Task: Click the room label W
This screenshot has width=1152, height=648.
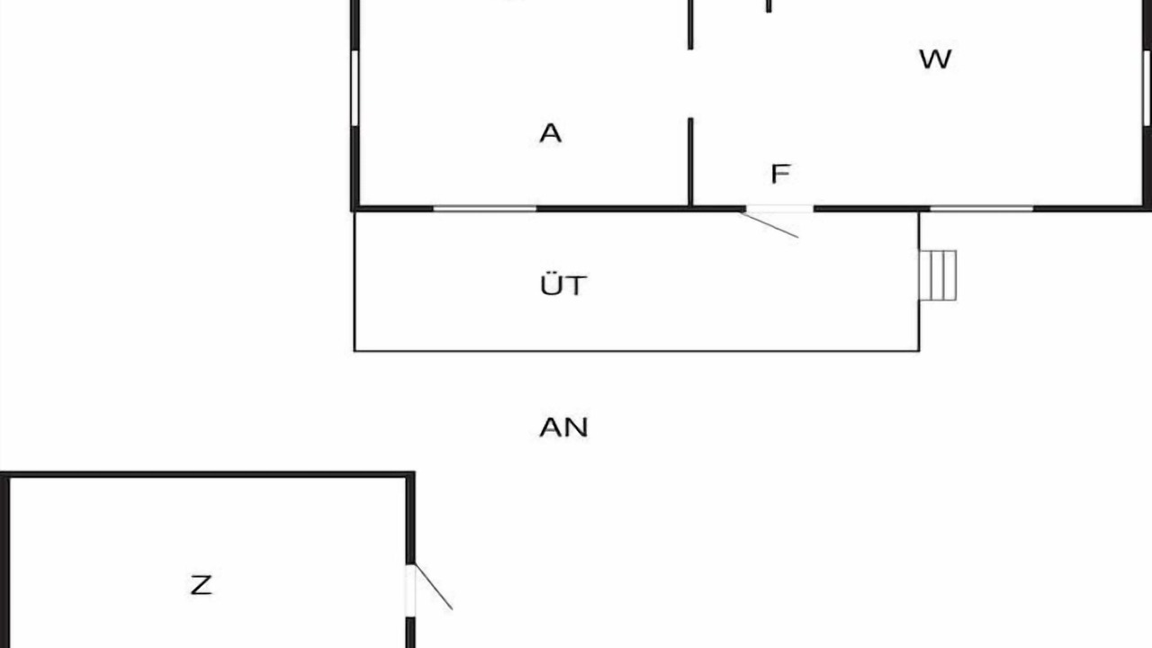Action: point(935,59)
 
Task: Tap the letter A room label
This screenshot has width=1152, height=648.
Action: point(550,133)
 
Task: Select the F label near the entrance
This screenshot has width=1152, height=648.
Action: point(780,174)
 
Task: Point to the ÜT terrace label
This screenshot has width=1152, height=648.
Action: point(563,284)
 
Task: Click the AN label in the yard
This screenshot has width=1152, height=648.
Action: point(563,427)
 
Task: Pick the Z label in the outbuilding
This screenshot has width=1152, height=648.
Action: point(201,585)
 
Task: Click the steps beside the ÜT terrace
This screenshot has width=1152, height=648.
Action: point(938,275)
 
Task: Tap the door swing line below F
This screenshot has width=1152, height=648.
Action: point(769,225)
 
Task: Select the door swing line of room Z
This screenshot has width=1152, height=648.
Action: point(434,587)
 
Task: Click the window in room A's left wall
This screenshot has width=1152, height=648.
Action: point(355,88)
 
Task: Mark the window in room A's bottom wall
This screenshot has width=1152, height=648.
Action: point(484,208)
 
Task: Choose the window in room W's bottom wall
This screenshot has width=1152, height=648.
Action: point(982,208)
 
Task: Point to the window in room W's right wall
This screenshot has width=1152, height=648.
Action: point(1147,88)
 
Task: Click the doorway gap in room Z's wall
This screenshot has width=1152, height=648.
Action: point(409,590)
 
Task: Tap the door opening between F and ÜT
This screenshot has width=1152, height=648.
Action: point(779,208)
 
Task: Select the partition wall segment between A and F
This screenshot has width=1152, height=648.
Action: point(690,162)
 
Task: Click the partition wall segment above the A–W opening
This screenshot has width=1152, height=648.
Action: point(690,24)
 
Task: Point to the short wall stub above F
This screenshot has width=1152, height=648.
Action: point(769,6)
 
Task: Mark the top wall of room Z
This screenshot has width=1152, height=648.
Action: point(207,474)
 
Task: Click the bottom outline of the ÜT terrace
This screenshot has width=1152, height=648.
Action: point(636,351)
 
